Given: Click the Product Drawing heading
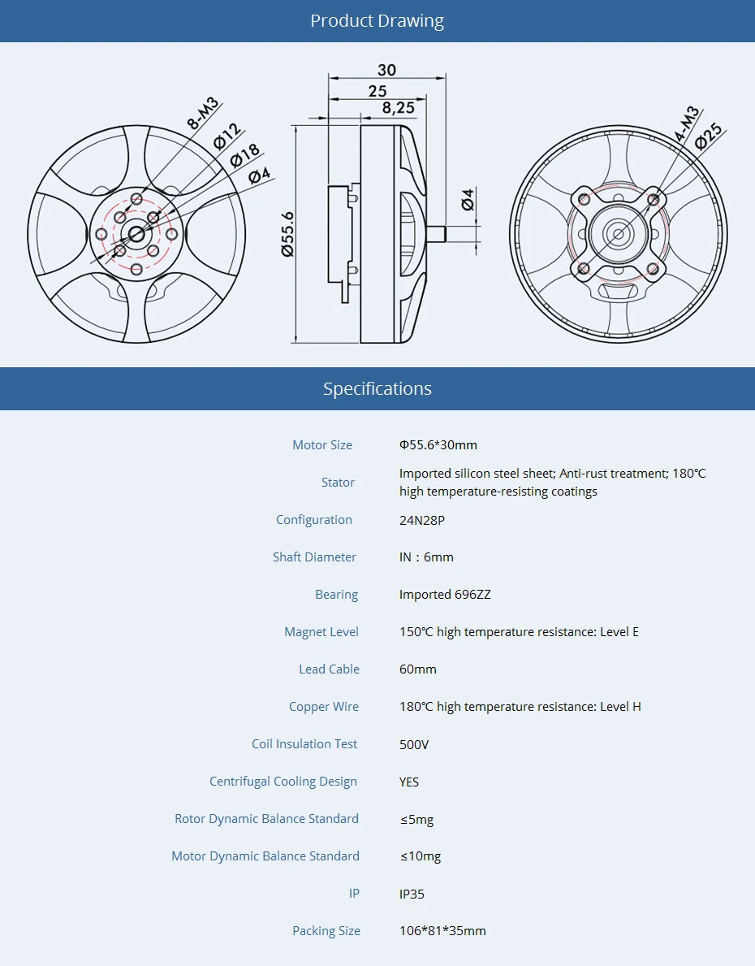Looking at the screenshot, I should pos(377,21).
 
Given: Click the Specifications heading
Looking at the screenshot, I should pos(377,388).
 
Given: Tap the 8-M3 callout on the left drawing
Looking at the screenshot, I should pos(202,114).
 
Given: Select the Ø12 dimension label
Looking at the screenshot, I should pos(226,136).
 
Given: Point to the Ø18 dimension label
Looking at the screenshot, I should pos(244,154).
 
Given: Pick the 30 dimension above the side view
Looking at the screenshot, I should pos(386,70).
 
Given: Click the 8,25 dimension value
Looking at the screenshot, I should pos(398,107).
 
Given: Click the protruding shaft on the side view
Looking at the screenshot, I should pos(436,234).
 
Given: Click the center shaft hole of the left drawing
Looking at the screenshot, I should pos(136,234).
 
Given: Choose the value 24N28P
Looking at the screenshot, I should pos(421,520).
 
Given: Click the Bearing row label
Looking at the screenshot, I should pos(336,595).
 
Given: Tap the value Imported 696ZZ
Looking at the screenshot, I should pos(445,595).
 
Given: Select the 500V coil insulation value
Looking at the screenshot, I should pos(414,744).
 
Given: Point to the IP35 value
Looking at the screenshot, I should pos(412,894).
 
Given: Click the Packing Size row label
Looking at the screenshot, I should pos(326,931).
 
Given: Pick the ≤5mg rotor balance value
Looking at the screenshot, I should pos(416,819).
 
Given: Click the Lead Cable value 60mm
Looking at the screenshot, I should pos(417,669).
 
